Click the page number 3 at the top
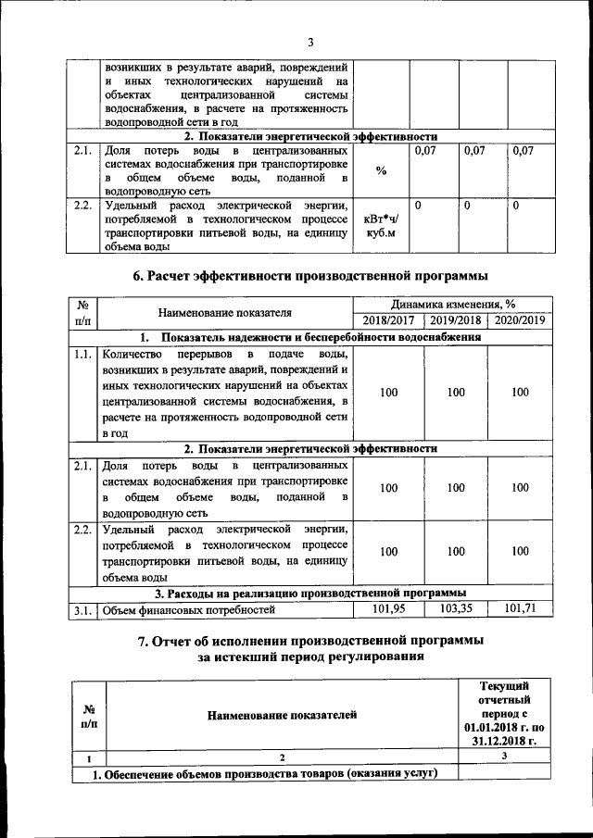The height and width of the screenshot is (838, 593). (x=310, y=42)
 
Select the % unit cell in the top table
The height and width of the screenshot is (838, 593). (x=382, y=170)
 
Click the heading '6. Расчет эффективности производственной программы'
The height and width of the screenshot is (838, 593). (x=310, y=276)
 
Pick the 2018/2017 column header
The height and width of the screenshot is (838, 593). (x=389, y=319)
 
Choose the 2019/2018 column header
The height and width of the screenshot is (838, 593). (x=456, y=319)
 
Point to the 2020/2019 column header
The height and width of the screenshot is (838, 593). (x=521, y=319)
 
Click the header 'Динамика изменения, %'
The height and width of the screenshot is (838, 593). (x=454, y=304)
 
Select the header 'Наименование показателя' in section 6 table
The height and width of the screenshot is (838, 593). (x=225, y=312)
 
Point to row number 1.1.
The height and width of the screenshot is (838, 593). (x=82, y=354)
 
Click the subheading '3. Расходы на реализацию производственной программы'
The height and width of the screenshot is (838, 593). (x=310, y=593)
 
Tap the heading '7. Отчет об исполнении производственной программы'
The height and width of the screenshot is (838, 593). (x=310, y=641)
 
